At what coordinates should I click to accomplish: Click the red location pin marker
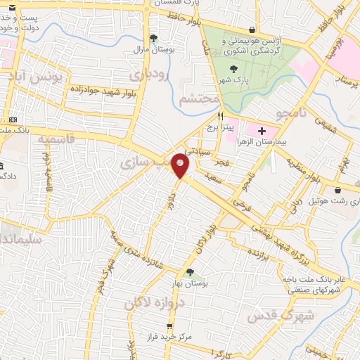tap(181, 166)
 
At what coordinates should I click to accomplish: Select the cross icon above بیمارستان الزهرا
tap(262, 131)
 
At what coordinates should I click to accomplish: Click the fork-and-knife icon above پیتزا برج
tap(220, 117)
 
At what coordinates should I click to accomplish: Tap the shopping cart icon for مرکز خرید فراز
tap(169, 326)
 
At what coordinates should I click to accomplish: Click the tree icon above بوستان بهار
tap(189, 271)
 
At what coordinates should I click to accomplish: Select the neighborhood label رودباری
tap(147, 75)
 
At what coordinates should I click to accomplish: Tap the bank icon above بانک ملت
tap(12, 120)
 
